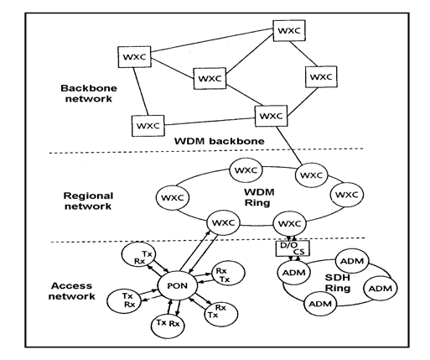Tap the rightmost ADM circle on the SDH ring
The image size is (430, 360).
[x=380, y=290]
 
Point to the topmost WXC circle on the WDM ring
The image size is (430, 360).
[x=245, y=170]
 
